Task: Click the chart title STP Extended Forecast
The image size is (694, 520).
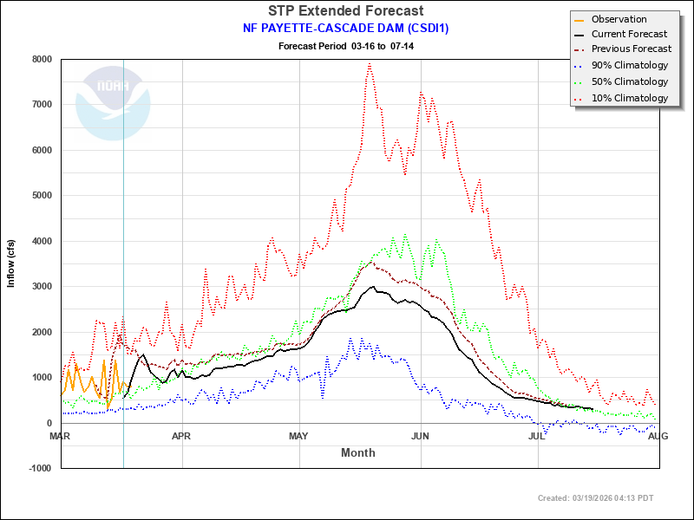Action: click(x=346, y=11)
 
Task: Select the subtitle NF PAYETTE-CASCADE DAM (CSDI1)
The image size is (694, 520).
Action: click(x=346, y=28)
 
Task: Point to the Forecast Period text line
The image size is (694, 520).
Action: click(x=346, y=44)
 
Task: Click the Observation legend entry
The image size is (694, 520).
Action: click(x=619, y=19)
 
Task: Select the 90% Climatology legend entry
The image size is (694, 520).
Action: click(x=629, y=66)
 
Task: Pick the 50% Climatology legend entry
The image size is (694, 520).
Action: click(x=629, y=81)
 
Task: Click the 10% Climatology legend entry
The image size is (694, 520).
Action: click(x=629, y=98)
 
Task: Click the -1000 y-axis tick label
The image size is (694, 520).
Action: click(x=38, y=468)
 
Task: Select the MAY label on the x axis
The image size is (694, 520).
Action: click(x=299, y=436)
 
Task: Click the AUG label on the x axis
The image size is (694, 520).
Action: click(x=658, y=436)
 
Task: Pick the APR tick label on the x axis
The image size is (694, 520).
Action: click(x=181, y=436)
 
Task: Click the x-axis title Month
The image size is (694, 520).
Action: click(x=358, y=452)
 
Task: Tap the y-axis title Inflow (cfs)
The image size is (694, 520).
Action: click(x=11, y=263)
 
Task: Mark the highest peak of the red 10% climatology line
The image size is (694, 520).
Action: click(x=370, y=63)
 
